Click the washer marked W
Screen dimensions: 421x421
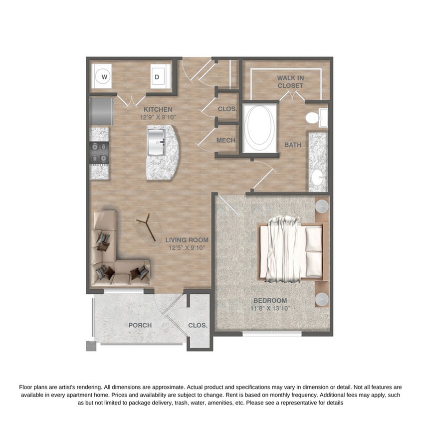point(104,77)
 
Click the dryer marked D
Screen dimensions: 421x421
point(156,77)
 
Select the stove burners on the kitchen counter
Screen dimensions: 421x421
point(98,153)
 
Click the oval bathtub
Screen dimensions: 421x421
point(259,128)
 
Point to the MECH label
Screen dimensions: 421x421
point(225,141)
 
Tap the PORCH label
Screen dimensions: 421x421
point(140,325)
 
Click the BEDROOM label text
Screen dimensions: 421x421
point(270,300)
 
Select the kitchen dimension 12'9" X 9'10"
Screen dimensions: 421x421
point(158,118)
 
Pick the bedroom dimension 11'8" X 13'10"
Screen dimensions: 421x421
point(270,309)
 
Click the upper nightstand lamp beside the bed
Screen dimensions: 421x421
point(322,205)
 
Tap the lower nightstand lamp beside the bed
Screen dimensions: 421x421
point(322,298)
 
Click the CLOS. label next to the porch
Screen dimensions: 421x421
point(198,325)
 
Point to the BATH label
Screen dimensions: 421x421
point(293,145)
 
